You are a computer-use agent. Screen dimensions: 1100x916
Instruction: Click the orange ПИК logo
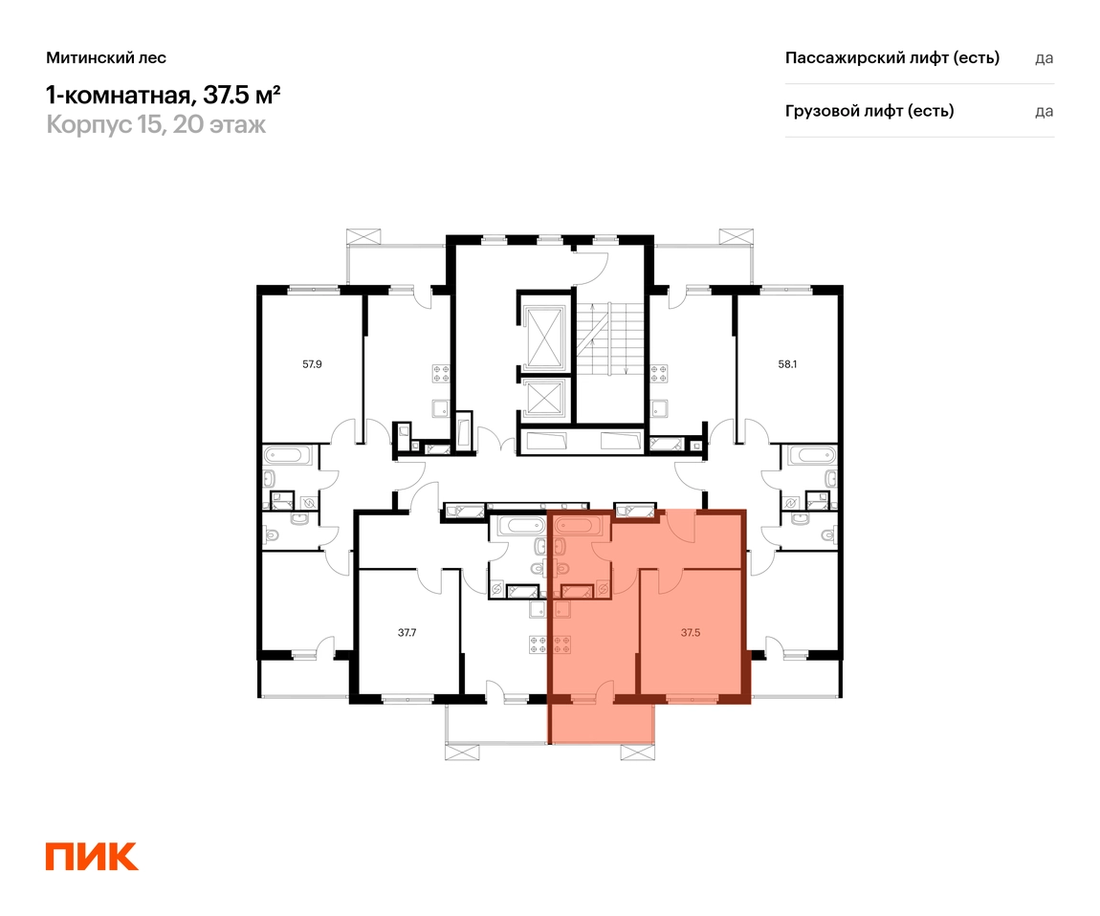pyautogui.click(x=92, y=857)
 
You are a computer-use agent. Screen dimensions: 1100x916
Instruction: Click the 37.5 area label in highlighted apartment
pyautogui.click(x=691, y=633)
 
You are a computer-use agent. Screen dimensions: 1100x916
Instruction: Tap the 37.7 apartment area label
pyautogui.click(x=407, y=633)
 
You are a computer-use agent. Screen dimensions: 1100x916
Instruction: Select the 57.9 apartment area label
pyautogui.click(x=312, y=364)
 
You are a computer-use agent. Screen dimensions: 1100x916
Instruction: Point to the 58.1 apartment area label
pyautogui.click(x=787, y=364)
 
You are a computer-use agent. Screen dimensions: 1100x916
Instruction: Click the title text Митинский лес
pyautogui.click(x=106, y=57)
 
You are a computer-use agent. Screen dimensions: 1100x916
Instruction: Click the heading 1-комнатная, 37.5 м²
pyautogui.click(x=164, y=94)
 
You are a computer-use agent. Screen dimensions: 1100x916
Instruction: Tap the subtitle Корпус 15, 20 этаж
pyautogui.click(x=156, y=124)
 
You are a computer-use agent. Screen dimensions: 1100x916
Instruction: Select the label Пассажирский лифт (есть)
pyautogui.click(x=892, y=57)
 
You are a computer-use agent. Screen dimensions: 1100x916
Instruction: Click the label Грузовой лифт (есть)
pyautogui.click(x=869, y=111)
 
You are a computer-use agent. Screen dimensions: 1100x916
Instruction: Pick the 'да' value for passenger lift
pyautogui.click(x=1044, y=58)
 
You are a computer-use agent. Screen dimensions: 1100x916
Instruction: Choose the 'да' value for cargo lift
pyautogui.click(x=1044, y=112)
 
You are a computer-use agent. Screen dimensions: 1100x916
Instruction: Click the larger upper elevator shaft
pyautogui.click(x=545, y=338)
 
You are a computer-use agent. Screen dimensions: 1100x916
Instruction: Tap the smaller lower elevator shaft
pyautogui.click(x=545, y=398)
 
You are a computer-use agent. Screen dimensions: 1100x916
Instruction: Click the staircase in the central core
pyautogui.click(x=609, y=338)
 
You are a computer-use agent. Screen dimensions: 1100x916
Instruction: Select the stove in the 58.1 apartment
pyautogui.click(x=659, y=373)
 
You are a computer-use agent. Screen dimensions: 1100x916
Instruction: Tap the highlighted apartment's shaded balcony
pyautogui.click(x=602, y=723)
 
